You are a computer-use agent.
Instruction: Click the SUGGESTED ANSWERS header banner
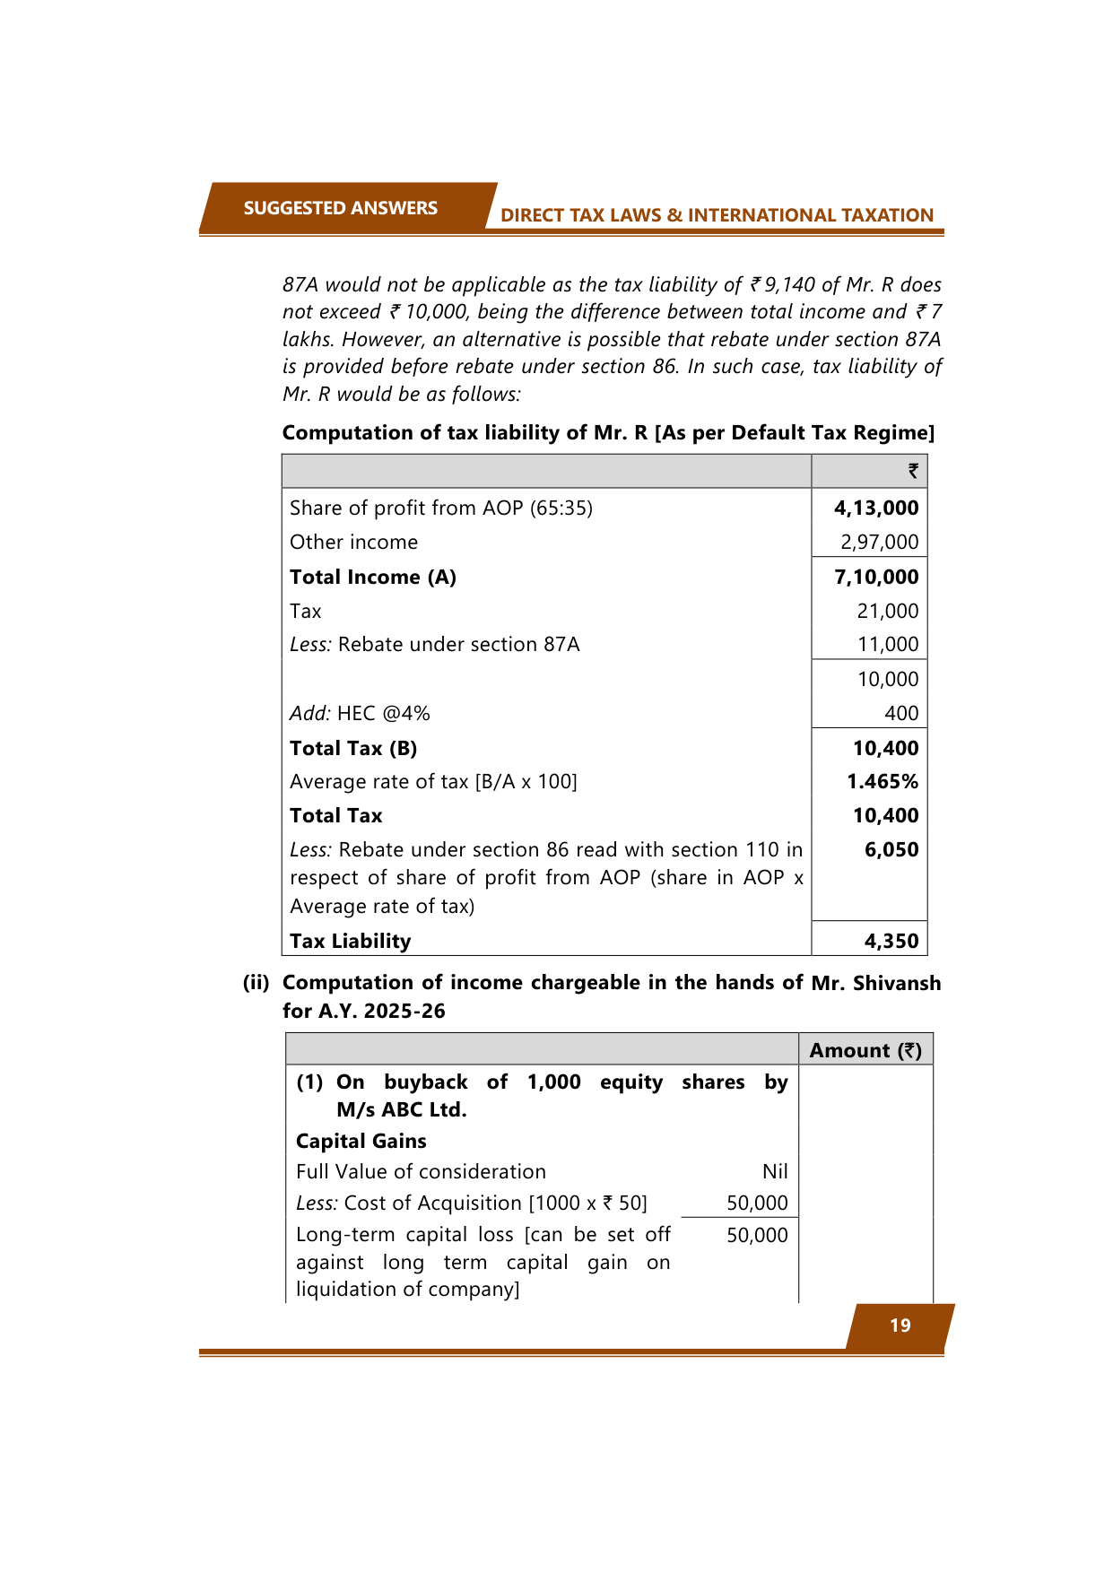tap(340, 208)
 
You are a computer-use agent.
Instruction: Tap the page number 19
tap(900, 1325)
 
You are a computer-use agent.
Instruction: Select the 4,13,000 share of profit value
tap(876, 508)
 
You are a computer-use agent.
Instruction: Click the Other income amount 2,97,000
tap(879, 543)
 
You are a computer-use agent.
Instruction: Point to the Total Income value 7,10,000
tap(876, 578)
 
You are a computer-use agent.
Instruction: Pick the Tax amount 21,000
tap(887, 612)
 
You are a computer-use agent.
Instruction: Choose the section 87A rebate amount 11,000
tap(887, 645)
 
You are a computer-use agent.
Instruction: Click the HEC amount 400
tap(900, 714)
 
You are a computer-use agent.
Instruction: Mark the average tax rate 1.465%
tap(883, 782)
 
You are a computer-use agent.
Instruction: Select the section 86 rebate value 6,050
tap(891, 850)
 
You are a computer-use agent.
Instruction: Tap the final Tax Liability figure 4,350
tap(891, 942)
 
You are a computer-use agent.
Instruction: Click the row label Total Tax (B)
tap(353, 749)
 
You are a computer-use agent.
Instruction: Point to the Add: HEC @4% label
tap(360, 714)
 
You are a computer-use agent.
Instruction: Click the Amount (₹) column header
tap(865, 1051)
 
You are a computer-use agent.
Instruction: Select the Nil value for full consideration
tap(775, 1172)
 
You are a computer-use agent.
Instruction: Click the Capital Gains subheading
tap(361, 1142)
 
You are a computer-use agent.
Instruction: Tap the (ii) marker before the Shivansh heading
tap(256, 983)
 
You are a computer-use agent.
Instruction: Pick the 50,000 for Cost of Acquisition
tap(757, 1204)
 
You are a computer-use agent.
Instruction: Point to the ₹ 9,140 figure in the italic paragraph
tap(782, 285)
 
